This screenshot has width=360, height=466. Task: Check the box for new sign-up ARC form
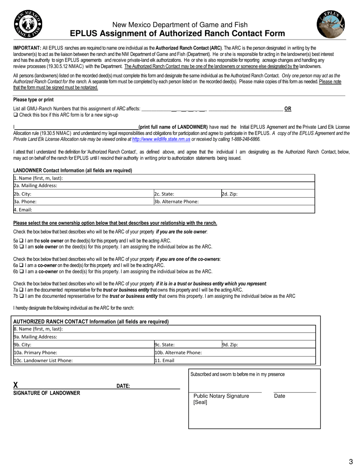click(x=16, y=115)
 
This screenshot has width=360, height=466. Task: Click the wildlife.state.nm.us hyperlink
click(x=161, y=139)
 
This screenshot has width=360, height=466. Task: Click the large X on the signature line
click(x=16, y=385)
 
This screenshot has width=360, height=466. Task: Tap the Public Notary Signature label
click(x=221, y=396)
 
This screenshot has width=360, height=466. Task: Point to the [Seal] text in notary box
click(x=200, y=402)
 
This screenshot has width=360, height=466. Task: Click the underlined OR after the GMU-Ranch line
click(x=288, y=109)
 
